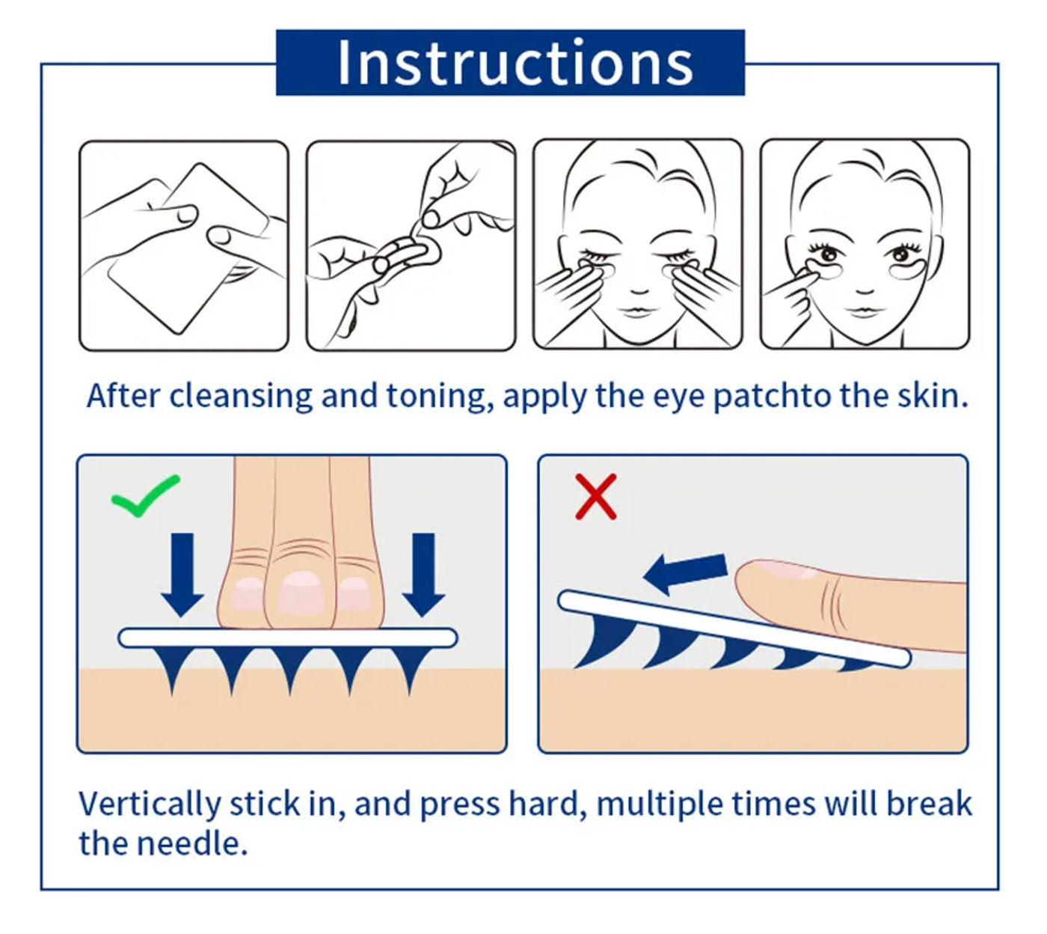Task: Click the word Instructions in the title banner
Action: coord(515,63)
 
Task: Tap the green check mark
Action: coord(145,495)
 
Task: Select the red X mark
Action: coord(596,496)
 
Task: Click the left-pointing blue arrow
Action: coord(685,573)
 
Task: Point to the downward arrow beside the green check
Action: coord(182,575)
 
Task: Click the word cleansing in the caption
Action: coord(241,397)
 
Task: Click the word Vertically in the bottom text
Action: coord(150,805)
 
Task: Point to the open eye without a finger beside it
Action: coord(902,254)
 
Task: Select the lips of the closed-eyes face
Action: coord(637,312)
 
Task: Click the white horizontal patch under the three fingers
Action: coord(288,638)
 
